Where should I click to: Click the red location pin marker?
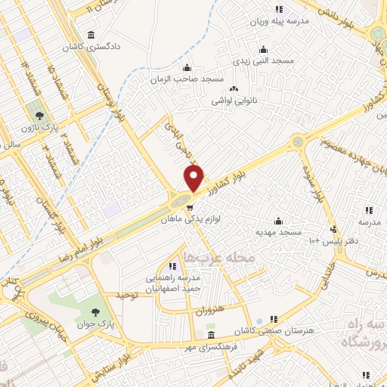[194, 178]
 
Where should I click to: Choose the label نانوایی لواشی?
[234, 100]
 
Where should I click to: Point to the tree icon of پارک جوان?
[95, 312]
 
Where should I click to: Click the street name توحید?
[126, 295]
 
